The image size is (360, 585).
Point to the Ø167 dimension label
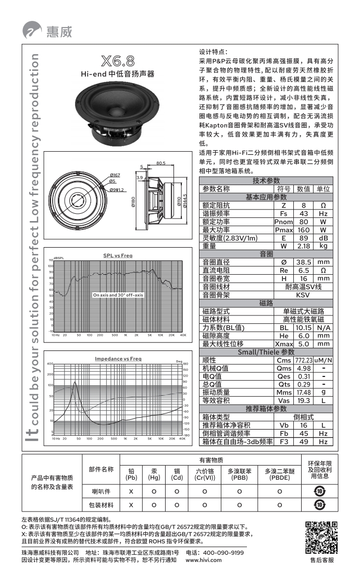coord(115,175)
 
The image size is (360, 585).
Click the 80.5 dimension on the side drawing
coord(160,163)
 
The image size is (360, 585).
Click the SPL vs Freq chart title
coord(118,255)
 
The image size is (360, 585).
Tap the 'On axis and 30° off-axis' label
coord(118,295)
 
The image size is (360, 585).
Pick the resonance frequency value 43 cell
coord(304,214)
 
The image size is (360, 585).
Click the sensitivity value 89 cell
coord(304,238)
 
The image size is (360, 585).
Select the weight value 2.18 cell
coord(304,246)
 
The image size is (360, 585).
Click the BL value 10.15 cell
coord(304,328)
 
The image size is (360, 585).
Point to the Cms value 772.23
coord(304,360)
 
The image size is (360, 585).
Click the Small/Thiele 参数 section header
coord(266,352)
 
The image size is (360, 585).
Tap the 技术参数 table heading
coord(266,180)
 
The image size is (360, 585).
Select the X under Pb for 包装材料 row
coord(131,505)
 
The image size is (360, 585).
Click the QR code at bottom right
coord(320,537)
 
